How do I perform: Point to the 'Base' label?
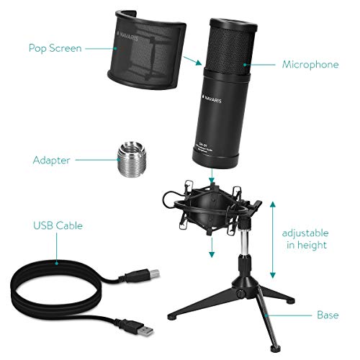(x=327, y=315)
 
